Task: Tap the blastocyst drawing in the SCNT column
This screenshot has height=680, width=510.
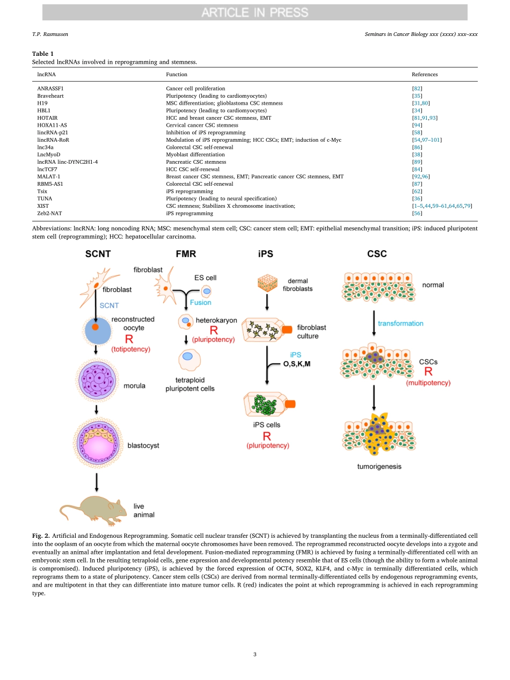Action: pyautogui.click(x=97, y=445)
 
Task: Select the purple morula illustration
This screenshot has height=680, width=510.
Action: pyautogui.click(x=97, y=382)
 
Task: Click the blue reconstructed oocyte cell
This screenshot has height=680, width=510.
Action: pyautogui.click(x=97, y=331)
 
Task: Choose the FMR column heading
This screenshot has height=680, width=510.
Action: pyautogui.click(x=186, y=254)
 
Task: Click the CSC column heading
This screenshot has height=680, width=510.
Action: pyautogui.click(x=377, y=254)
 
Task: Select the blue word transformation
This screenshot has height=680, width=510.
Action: pyautogui.click(x=400, y=323)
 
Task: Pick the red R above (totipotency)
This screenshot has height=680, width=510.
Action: pyautogui.click(x=129, y=339)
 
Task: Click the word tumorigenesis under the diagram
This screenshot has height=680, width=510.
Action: pyautogui.click(x=379, y=466)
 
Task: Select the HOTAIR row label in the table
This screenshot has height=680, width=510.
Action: pyautogui.click(x=47, y=118)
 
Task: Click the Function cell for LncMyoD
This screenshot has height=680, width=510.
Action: pyautogui.click(x=188, y=155)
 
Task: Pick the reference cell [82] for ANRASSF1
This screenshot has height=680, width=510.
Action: pyautogui.click(x=417, y=88)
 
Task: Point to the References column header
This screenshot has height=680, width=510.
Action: pyautogui.click(x=424, y=75)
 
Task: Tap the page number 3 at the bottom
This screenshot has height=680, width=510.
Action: pyautogui.click(x=255, y=654)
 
